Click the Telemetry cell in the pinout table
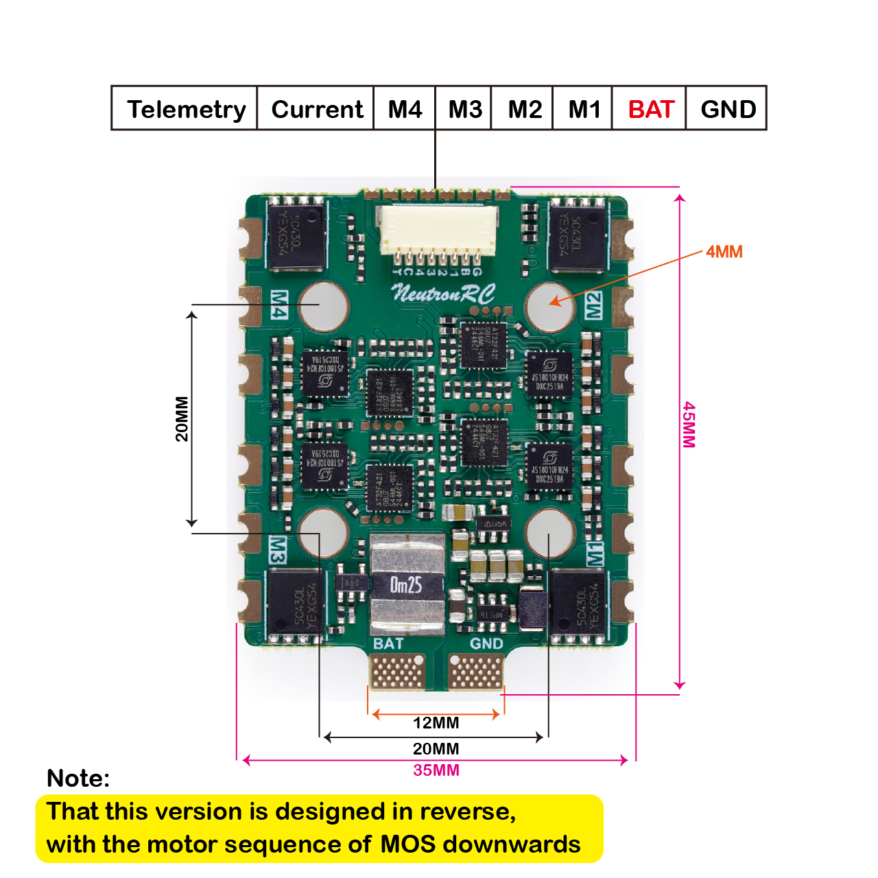(185, 109)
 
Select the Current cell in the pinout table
(316, 109)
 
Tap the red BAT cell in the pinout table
(651, 109)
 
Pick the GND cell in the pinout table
(728, 109)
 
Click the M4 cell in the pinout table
(405, 109)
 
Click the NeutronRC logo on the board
(442, 294)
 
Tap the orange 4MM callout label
(724, 252)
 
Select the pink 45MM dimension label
(689, 425)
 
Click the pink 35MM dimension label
(436, 770)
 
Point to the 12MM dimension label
(436, 723)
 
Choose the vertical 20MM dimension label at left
(182, 418)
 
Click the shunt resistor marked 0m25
(407, 584)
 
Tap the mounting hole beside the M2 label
(549, 306)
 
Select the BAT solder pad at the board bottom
(397, 670)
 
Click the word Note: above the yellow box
(78, 779)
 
